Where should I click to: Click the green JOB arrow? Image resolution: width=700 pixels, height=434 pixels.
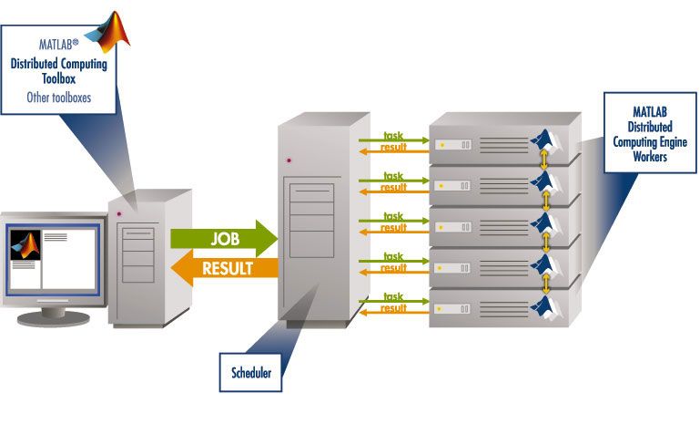coord(222,238)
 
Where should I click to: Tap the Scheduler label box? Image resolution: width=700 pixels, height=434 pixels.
coord(249,371)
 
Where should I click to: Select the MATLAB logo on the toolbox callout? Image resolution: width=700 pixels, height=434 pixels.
coord(113,32)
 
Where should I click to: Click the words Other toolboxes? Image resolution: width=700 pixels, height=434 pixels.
coord(58,94)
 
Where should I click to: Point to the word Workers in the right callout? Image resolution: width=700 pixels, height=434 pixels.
coord(648,157)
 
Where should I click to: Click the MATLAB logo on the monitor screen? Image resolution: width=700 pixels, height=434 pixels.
coord(25,246)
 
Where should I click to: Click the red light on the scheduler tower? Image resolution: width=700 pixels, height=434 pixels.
coord(289,160)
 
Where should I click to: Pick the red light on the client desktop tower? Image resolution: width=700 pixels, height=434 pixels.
coord(118,214)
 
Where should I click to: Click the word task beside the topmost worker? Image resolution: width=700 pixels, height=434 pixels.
coord(393,136)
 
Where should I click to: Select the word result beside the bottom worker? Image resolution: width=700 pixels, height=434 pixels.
coord(393,308)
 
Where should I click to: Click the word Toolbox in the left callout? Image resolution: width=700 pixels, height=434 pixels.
coord(58,78)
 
